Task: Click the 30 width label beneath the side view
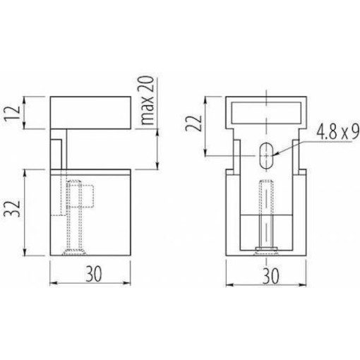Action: click(x=90, y=273)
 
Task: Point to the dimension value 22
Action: click(x=200, y=125)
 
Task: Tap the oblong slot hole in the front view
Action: click(x=267, y=155)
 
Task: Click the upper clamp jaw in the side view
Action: click(x=90, y=113)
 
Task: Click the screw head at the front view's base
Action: click(x=267, y=248)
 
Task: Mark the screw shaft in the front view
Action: click(x=267, y=212)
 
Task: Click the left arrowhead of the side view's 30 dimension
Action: click(x=52, y=284)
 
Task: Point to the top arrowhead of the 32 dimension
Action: click(x=26, y=171)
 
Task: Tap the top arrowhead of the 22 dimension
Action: click(x=206, y=98)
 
